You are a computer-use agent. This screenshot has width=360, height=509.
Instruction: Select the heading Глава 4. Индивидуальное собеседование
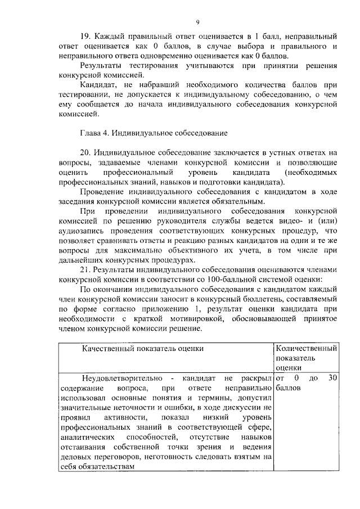(154, 133)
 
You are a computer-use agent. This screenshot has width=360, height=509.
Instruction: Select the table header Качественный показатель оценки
(142, 349)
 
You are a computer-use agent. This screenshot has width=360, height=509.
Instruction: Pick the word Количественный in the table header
(307, 349)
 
